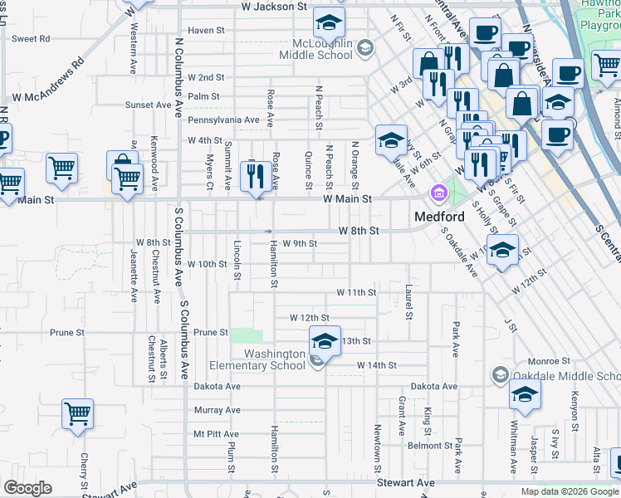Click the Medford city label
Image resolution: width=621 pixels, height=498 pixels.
coord(438,217)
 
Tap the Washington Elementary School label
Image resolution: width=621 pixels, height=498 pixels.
coord(275,359)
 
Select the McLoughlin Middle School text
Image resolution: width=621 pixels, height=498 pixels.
coord(322,49)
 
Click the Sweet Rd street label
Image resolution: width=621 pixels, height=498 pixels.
coord(31,38)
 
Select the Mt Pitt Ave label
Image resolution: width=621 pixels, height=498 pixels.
coord(216,434)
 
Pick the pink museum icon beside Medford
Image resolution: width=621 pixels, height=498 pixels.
coord(438,193)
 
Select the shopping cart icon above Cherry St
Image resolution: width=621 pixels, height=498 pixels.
coord(77,413)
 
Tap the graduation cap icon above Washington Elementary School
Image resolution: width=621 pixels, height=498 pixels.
coord(325,339)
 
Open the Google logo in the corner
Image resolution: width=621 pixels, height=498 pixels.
coord(27,488)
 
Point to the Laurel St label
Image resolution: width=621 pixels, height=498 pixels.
coord(409,302)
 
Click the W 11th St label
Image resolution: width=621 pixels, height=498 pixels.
coord(356,293)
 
